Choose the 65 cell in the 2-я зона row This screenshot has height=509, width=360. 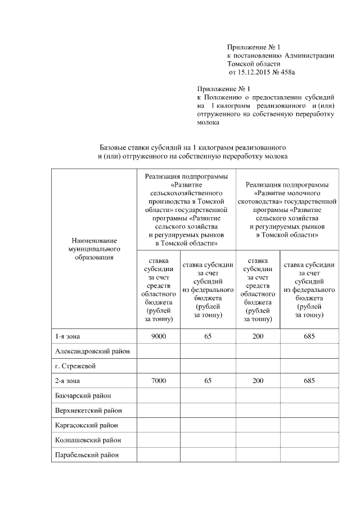(208, 381)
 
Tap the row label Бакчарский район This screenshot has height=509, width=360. (83, 396)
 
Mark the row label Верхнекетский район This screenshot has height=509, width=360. (89, 411)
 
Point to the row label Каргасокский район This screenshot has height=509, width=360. (87, 425)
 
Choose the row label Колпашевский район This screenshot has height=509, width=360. (88, 440)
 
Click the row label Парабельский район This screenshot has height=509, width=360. (87, 454)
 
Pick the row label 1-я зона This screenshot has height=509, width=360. (67, 336)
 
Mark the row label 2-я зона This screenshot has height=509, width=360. (67, 381)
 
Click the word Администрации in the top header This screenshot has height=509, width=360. (309, 56)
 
